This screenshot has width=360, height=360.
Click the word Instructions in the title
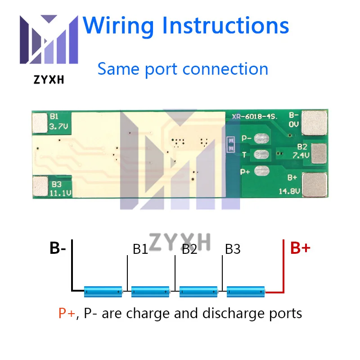click(225, 26)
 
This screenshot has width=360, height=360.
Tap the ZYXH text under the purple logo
click(49, 80)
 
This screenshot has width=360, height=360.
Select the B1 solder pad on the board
click(40, 123)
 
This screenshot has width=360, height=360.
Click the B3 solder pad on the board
click(40, 186)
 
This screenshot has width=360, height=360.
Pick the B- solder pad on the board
click(314, 123)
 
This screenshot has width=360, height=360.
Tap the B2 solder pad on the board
click(319, 153)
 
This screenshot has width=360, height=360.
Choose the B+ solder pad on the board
click(315, 185)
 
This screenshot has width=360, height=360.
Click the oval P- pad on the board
click(261, 139)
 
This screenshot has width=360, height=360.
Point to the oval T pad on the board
click(261, 154)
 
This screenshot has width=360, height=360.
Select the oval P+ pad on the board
click(262, 171)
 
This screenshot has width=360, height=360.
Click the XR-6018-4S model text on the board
click(255, 117)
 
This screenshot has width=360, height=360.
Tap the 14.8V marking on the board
click(289, 191)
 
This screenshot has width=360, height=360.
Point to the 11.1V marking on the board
click(61, 193)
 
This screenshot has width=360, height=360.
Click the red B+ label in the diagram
click(300, 248)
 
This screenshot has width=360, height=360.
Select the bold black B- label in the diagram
click(58, 248)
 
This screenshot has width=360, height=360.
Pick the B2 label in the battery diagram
click(189, 249)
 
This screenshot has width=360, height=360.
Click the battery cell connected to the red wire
click(246, 292)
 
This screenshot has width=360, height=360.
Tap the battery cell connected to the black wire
click(103, 292)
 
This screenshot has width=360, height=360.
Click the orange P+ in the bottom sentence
click(67, 313)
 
